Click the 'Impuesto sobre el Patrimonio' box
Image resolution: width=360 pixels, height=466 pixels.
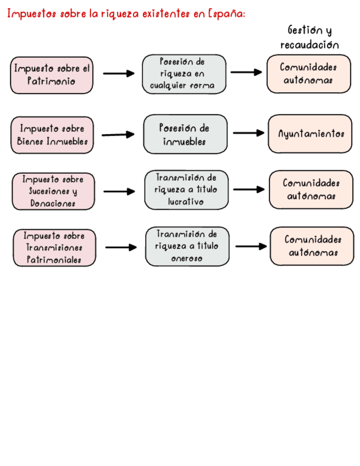point(52,75)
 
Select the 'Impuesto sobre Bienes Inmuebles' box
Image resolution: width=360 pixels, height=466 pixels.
point(52,135)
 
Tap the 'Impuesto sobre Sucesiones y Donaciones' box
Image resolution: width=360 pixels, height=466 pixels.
point(53,191)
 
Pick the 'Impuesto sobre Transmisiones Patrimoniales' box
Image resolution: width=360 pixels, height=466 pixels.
point(54,248)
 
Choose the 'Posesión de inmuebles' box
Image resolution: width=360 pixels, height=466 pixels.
point(185,134)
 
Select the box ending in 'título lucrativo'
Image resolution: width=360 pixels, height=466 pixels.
point(186,190)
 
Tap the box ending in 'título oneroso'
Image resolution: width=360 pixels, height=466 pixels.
point(187,246)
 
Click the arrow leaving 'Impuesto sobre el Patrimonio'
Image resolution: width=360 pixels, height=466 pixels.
point(119,74)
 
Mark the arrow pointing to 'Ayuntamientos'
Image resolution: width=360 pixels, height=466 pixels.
point(248,133)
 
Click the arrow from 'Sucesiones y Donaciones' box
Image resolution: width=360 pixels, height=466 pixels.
point(119,191)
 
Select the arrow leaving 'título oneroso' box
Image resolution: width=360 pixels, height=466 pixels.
point(251,246)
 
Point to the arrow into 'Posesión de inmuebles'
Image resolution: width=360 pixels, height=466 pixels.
point(118,134)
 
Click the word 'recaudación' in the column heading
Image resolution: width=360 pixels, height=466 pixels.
point(309,45)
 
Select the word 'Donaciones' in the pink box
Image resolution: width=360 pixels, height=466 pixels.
point(53,203)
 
